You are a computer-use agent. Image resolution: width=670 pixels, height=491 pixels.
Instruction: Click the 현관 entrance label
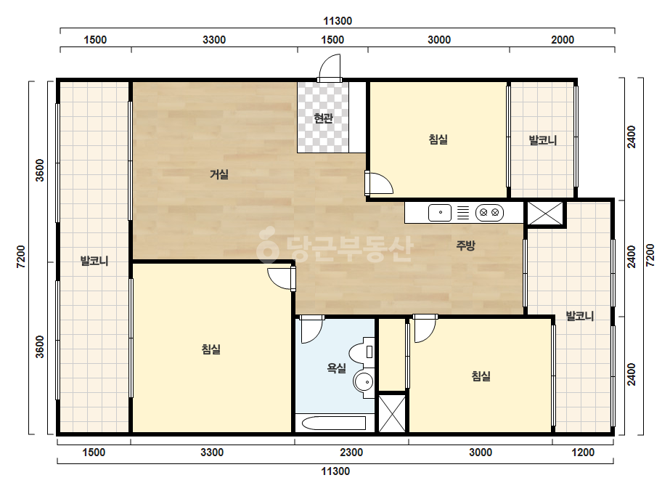tap(323, 118)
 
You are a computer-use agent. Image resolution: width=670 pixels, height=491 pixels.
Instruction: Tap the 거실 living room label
tap(218, 174)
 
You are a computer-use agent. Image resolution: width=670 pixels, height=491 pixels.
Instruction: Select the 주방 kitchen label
tap(465, 245)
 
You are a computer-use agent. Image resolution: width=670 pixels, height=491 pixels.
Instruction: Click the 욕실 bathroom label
tap(336, 368)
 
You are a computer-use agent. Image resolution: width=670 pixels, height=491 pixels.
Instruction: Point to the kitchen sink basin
tap(440, 212)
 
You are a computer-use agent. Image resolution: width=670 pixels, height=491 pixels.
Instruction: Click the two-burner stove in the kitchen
tap(489, 212)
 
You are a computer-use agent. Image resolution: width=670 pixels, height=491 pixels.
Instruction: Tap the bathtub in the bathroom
tap(334, 423)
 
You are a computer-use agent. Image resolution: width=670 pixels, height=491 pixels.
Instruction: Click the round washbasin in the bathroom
tap(364, 381)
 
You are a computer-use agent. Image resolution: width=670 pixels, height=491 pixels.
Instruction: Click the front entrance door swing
tap(330, 66)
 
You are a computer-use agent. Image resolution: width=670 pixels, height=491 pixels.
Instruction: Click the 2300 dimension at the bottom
tap(351, 453)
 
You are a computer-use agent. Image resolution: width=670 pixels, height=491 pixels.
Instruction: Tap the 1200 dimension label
tap(583, 453)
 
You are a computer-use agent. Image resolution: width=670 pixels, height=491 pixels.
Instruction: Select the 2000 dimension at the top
tap(563, 40)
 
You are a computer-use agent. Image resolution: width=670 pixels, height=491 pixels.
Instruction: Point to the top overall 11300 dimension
tap(338, 21)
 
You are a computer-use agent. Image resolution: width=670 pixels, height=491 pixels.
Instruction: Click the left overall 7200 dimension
tap(20, 256)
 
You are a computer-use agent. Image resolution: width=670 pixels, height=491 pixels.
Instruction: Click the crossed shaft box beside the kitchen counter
tap(545, 213)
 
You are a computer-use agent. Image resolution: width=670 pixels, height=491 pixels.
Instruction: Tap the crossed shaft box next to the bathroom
tap(392, 413)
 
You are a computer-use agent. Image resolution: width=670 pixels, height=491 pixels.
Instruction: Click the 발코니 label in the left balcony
tap(94, 261)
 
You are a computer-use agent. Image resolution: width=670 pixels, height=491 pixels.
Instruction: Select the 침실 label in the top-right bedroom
tap(438, 139)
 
